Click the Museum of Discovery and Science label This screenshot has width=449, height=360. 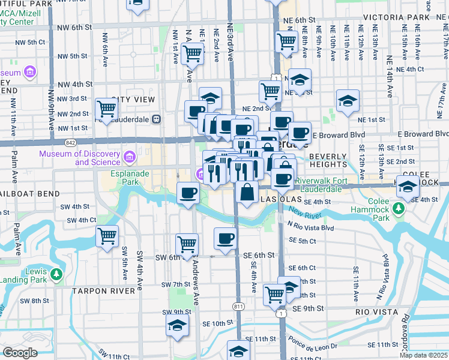(80, 157)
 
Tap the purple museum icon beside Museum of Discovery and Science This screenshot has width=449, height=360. (129, 157)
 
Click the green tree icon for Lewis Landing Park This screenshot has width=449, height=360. (56, 275)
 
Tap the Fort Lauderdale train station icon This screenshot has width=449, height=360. (156, 119)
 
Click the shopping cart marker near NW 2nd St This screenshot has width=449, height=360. (106, 109)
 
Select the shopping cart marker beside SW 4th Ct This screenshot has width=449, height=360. (107, 236)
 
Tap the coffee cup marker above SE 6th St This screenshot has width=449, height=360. (225, 239)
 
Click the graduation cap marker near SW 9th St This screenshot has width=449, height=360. (177, 326)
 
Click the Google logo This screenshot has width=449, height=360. (20, 353)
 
